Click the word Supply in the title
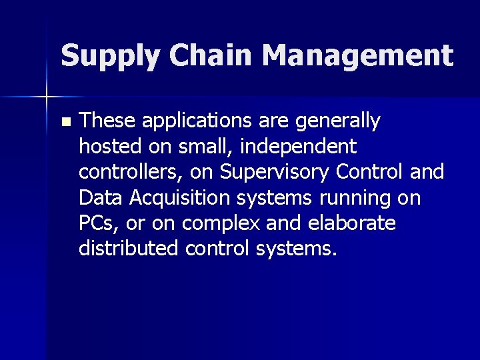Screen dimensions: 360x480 pos(109,56)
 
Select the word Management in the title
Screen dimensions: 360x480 pos(358,56)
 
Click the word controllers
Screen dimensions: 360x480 pos(131,172)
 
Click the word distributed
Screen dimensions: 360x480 pos(129,249)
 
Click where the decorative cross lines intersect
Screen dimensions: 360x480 pos(47,97)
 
